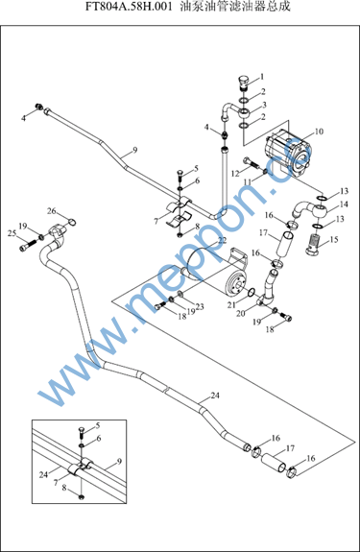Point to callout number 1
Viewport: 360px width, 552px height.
click(262, 77)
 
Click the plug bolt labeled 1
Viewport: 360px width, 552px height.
click(244, 83)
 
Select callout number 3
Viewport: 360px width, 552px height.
click(264, 105)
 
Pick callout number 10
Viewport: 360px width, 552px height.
click(319, 132)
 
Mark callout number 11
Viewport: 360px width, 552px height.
click(248, 181)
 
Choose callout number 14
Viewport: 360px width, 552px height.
click(344, 204)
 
